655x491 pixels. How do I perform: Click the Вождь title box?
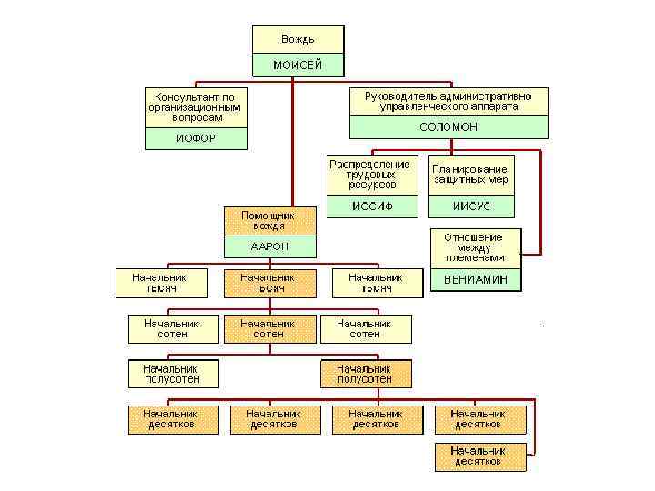point(297,39)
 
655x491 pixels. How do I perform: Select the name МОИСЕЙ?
point(297,65)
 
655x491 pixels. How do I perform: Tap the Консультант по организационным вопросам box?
point(195,106)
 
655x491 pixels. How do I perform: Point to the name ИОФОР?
point(195,138)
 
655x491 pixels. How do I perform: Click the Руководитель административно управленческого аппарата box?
point(448,100)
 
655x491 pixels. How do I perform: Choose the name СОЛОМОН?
point(448,127)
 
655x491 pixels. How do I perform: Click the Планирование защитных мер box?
point(470,175)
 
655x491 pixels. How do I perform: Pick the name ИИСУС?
point(470,206)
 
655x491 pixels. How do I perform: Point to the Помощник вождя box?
point(269,220)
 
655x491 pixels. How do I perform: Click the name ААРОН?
point(269,246)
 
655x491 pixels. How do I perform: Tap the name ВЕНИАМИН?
point(475,279)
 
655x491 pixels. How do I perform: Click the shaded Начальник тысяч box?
point(267,283)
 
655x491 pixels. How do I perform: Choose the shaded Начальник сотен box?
point(267,328)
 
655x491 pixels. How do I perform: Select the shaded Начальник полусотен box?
point(365,374)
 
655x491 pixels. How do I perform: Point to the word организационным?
point(195,106)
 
